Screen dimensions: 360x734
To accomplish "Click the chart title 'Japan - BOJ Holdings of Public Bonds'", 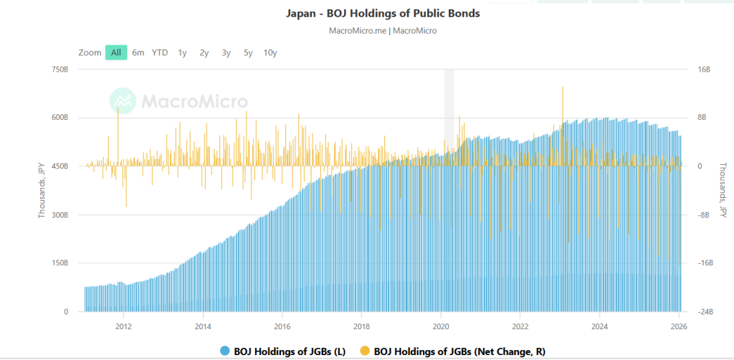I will pos(383,14).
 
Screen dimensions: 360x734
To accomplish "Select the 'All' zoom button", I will pos(115,52).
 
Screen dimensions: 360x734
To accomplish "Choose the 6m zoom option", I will pos(138,52).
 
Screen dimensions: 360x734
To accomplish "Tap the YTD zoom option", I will pos(160,52).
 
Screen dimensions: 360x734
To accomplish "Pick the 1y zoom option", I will pos(182,52).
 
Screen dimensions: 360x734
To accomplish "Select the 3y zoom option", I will pos(226,52).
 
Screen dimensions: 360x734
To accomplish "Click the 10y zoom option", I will pos(270,52).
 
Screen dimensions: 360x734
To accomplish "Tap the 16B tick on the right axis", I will pos(703,70).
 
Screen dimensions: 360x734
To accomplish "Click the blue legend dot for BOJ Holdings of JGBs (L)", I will pos(224,351).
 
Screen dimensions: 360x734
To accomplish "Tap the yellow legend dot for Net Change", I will pos(364,351).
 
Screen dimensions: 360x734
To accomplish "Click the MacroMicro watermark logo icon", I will pos(123,101).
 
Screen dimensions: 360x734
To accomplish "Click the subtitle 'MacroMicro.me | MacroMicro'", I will pos(382,31).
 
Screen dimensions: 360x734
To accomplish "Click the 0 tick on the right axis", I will pos(699,166).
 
